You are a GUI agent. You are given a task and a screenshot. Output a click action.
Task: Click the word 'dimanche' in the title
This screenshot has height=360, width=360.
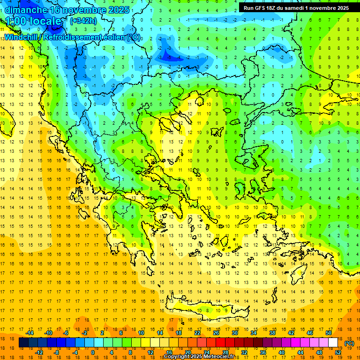coord(26,10)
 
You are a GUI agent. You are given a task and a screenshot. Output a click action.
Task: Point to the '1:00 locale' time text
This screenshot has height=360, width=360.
coord(33,22)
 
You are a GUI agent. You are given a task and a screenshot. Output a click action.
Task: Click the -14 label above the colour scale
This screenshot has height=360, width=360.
coord(30,332)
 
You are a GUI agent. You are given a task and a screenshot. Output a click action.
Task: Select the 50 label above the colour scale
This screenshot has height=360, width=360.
coord(329,332)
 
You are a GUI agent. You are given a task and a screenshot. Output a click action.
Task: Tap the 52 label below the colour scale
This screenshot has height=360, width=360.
coord(337,352)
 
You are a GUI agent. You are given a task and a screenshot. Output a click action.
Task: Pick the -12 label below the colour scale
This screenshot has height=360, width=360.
coord(39,352)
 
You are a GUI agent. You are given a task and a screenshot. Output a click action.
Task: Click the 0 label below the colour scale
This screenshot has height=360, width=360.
coord(93,352)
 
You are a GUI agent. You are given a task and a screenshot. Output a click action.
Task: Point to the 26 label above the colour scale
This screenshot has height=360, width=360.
coord(216,332)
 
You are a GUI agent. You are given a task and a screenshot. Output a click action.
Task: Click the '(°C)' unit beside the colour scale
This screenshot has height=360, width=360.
coord(349,343)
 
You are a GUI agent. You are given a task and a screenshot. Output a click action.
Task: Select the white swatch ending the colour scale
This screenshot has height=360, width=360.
coord(333,343)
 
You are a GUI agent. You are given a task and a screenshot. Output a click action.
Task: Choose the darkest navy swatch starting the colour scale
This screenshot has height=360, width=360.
coord(23,343)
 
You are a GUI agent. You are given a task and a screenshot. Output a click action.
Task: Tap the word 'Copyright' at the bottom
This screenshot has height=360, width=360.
coord(177,357)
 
